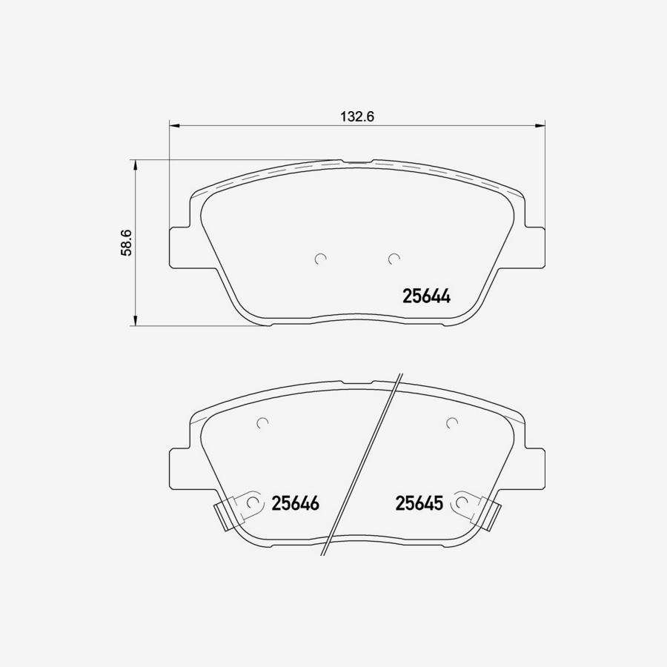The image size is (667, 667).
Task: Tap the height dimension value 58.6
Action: (x=127, y=242)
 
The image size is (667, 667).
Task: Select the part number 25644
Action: (x=426, y=296)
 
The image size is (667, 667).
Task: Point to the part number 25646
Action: (x=295, y=504)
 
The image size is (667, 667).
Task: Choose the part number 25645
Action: (x=419, y=504)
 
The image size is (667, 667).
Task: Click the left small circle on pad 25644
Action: (x=320, y=259)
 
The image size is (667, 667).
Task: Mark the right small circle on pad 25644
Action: (x=394, y=259)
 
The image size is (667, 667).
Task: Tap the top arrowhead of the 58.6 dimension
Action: (x=135, y=165)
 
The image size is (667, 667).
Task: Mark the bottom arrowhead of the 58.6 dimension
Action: (x=135, y=320)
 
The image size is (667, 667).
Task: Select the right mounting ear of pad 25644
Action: (x=535, y=245)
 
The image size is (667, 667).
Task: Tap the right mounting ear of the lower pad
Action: (x=535, y=468)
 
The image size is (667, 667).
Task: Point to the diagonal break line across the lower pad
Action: (x=363, y=467)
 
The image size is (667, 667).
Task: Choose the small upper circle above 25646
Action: (x=261, y=423)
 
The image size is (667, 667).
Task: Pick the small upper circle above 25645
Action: (x=452, y=423)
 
